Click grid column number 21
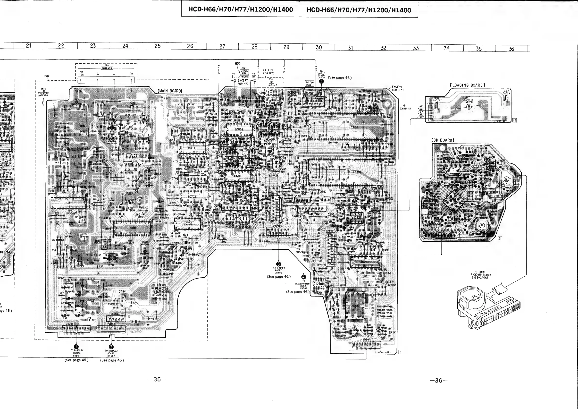pyautogui.click(x=29, y=46)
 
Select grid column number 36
pyautogui.click(x=511, y=49)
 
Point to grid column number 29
pyautogui.click(x=286, y=47)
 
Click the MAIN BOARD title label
pyautogui.click(x=170, y=91)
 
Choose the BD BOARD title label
pyautogui.click(x=443, y=140)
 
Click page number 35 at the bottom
pyautogui.click(x=157, y=379)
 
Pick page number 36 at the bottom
pyautogui.click(x=438, y=381)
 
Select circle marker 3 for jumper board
pyautogui.click(x=279, y=264)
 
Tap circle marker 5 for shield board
pyautogui.click(x=321, y=81)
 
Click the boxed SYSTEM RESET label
pyautogui.click(x=310, y=84)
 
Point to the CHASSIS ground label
pyautogui.click(x=405, y=109)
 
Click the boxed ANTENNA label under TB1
pyautogui.click(x=107, y=68)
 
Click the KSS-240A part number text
pyautogui.click(x=480, y=278)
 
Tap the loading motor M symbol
pyautogui.click(x=469, y=107)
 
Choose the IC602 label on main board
pyautogui.click(x=239, y=129)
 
